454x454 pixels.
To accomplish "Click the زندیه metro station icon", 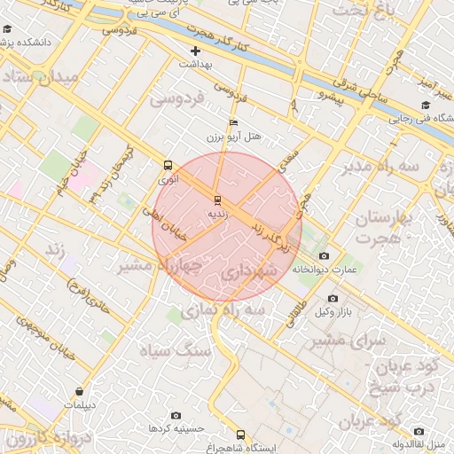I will click(x=217, y=200).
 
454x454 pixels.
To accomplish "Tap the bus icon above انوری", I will click(x=168, y=165).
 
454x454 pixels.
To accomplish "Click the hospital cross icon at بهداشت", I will click(x=196, y=51).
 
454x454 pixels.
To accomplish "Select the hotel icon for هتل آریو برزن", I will click(x=234, y=122).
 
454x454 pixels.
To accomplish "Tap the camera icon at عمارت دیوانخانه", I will click(x=324, y=255).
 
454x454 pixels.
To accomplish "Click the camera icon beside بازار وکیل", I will click(x=333, y=299).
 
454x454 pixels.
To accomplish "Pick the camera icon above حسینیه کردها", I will click(x=176, y=415).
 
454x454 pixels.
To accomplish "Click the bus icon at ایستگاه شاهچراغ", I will click(x=240, y=434).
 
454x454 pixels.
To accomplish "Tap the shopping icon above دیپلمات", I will click(x=81, y=390).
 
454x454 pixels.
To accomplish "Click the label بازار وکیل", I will click(x=337, y=311).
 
